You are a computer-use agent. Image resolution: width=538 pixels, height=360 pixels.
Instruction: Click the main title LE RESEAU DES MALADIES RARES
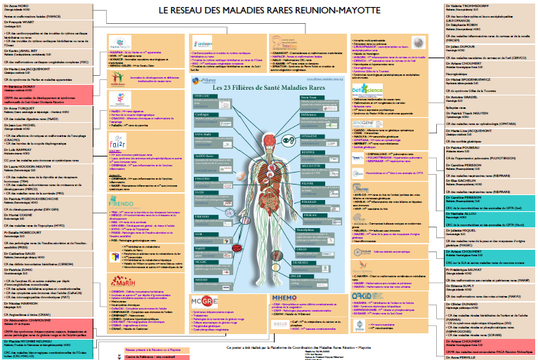[268, 12]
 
